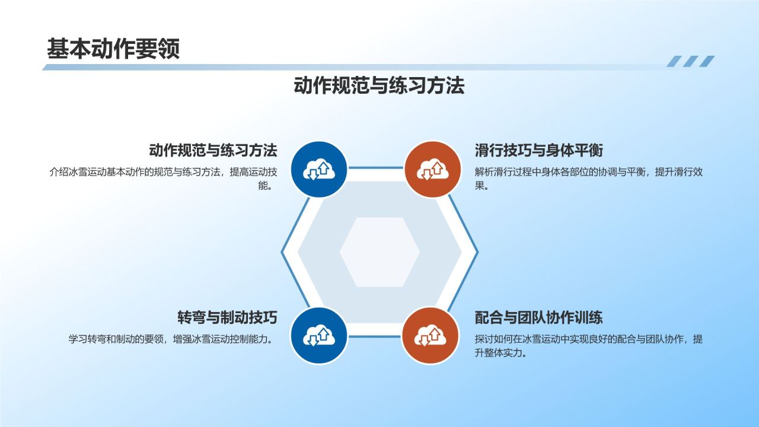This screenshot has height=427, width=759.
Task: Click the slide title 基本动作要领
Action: point(113,49)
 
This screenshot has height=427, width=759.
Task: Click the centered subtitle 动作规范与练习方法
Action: point(379,86)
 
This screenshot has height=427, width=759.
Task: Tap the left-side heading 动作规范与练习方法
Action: point(213,150)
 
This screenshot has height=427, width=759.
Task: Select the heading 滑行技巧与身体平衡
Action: point(539,150)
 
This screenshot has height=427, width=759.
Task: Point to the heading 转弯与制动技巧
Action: point(227,317)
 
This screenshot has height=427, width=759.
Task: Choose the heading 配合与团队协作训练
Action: point(539,317)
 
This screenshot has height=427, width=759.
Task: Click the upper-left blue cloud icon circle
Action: point(320,169)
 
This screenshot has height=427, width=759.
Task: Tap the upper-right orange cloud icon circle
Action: point(432,169)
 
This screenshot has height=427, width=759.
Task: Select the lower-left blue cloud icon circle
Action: point(320,336)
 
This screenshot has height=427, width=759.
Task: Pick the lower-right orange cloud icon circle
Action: point(431,336)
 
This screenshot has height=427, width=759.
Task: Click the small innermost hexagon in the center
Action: point(379,252)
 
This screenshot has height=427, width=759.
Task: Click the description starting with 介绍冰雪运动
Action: point(163,173)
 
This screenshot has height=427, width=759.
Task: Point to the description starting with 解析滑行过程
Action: point(589,173)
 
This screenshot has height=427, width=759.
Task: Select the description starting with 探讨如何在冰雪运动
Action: point(589,340)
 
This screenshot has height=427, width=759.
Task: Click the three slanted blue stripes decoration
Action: point(690,61)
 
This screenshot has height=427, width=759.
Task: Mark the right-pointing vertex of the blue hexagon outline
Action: point(477,252)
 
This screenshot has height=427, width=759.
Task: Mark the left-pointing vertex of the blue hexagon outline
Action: point(282,252)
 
